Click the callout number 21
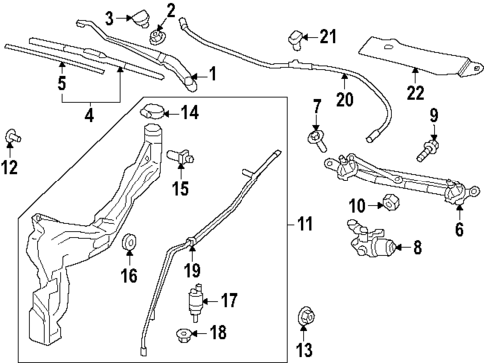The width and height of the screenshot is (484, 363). coord(328,37)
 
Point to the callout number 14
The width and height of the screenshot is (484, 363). coord(190,112)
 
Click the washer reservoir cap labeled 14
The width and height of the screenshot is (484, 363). coord(155,114)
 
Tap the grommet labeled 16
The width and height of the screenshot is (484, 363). coord(129,245)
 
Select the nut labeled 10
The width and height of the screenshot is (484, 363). coord(388,205)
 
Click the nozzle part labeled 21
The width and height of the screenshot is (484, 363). coord(294,39)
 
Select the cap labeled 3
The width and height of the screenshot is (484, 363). coord(138,17)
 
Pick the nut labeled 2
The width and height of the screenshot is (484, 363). coord(157,37)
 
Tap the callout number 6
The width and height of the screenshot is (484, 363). coord(459,228)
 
